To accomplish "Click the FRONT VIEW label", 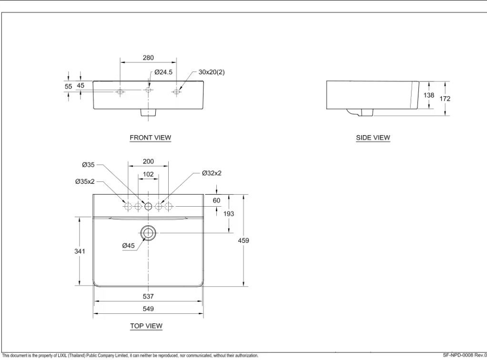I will [150, 138].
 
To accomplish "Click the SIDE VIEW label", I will [373, 138].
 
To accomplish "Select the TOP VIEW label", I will [146, 326].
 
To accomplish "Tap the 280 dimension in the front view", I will [148, 58].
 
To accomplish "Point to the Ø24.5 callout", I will [163, 72].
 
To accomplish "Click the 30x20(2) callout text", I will [211, 72].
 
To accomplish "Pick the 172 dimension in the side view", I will [445, 99].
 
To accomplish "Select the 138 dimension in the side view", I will [429, 95].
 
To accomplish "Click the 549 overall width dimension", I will [148, 309].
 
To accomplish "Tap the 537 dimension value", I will [148, 296].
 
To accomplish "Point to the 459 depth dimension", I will [243, 240].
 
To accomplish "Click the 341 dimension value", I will [80, 251].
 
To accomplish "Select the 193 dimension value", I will [229, 214].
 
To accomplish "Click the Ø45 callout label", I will [128, 246].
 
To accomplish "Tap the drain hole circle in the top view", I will [148, 233].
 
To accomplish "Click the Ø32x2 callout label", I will [212, 173].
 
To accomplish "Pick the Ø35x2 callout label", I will [85, 181].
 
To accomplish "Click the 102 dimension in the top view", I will [148, 174].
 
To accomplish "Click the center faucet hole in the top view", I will [148, 206].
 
